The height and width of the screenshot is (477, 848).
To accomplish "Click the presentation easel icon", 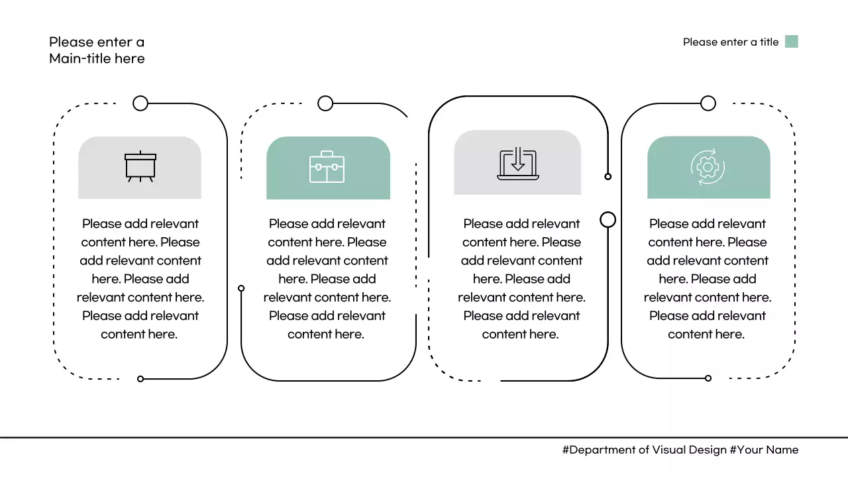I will (x=140, y=167).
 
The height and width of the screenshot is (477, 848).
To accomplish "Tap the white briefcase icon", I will (x=327, y=167).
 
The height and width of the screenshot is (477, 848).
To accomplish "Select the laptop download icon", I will (x=518, y=164).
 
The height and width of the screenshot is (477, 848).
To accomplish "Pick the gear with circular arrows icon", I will (x=708, y=167).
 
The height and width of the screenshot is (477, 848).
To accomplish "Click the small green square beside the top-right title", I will (x=791, y=42).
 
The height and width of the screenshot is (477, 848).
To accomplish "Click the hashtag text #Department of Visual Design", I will (x=644, y=450).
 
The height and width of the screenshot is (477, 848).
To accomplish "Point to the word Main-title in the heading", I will (x=79, y=59).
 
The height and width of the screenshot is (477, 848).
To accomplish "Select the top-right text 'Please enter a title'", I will (x=730, y=42).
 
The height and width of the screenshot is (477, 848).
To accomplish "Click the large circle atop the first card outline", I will (x=140, y=103).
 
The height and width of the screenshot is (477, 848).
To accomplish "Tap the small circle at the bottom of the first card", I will (x=140, y=379).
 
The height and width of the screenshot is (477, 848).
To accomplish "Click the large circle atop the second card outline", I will (x=325, y=103).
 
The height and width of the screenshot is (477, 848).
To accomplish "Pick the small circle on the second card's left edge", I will (x=241, y=288).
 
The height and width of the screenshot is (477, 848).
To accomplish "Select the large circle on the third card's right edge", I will (x=608, y=219).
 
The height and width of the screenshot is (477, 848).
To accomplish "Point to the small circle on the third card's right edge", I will (x=608, y=176).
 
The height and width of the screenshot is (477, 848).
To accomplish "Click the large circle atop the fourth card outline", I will (x=708, y=103).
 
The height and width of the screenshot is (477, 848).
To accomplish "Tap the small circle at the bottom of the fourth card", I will (x=708, y=378).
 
